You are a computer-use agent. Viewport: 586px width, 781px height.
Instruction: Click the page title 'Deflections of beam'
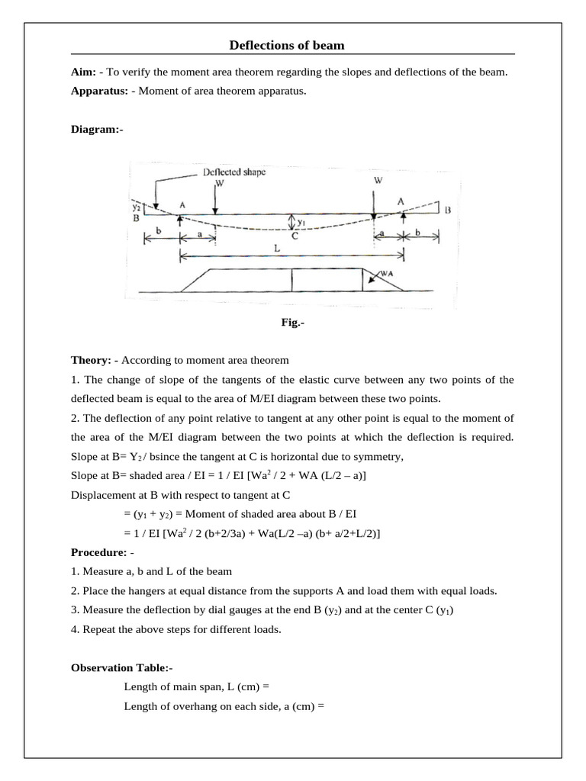point(287,46)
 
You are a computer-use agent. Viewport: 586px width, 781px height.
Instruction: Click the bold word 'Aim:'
point(83,72)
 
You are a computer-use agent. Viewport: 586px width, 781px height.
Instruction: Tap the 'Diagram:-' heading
point(95,130)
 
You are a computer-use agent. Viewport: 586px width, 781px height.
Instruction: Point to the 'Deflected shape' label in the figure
point(234,172)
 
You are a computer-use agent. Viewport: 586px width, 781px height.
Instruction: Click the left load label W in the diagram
point(220,183)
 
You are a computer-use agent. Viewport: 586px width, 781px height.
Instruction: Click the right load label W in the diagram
point(378,180)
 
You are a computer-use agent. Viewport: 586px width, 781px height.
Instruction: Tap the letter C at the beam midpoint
point(294,236)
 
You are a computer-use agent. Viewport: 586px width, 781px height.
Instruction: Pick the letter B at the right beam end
point(448,208)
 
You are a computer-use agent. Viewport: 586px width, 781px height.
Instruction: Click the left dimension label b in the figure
point(158,229)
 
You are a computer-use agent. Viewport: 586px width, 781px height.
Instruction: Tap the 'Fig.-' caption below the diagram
point(292,323)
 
